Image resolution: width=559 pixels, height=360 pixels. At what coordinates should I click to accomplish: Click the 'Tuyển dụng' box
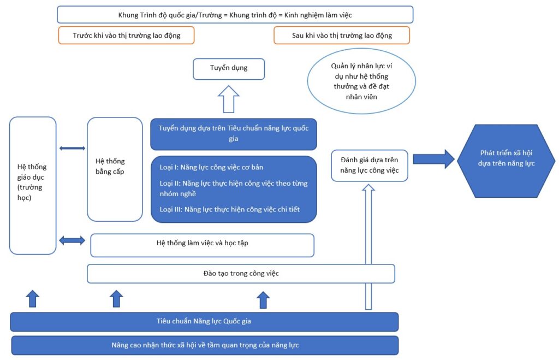click(x=229, y=69)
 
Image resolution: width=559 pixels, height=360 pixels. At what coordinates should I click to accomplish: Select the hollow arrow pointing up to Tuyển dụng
click(x=229, y=99)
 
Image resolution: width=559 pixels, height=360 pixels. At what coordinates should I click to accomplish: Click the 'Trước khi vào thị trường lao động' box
click(x=126, y=36)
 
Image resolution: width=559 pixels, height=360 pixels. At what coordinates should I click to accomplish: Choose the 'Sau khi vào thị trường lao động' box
click(x=341, y=36)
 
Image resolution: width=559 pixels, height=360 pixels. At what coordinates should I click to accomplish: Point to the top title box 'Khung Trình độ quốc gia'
click(x=235, y=15)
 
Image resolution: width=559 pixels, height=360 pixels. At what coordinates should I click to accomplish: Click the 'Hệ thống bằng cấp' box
click(x=115, y=169)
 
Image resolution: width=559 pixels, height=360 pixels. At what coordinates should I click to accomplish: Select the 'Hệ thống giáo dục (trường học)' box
click(x=33, y=186)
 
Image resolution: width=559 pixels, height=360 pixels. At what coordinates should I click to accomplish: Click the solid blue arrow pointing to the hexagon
click(x=433, y=159)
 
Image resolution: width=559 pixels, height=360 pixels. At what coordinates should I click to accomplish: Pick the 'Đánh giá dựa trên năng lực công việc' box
click(x=370, y=166)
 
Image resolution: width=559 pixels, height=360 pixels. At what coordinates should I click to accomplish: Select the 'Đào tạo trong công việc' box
click(x=241, y=273)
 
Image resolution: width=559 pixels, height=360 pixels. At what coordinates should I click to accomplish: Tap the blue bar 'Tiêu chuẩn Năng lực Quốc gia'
click(x=204, y=321)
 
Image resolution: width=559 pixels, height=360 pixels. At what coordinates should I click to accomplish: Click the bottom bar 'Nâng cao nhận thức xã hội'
click(x=205, y=345)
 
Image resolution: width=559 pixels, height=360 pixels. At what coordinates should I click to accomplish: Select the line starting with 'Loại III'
click(x=229, y=209)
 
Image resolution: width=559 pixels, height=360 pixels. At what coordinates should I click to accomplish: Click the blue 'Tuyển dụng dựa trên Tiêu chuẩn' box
click(x=234, y=134)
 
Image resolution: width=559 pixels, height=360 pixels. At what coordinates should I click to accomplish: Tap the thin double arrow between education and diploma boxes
click(x=72, y=148)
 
